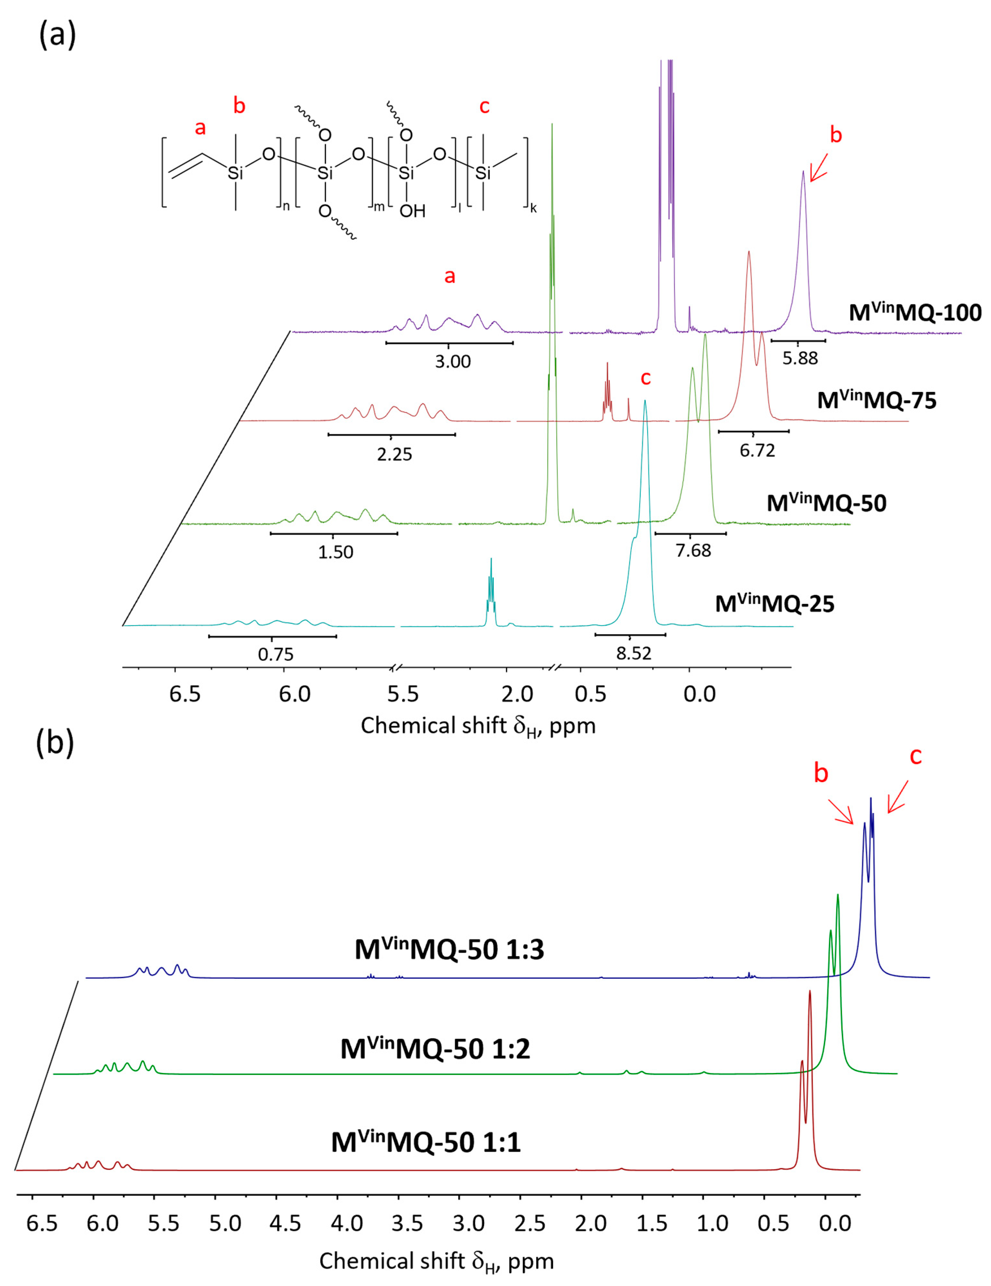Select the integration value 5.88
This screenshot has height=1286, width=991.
800,358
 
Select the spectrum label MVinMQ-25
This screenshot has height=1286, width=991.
774,604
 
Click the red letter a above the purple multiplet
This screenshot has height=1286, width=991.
450,276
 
